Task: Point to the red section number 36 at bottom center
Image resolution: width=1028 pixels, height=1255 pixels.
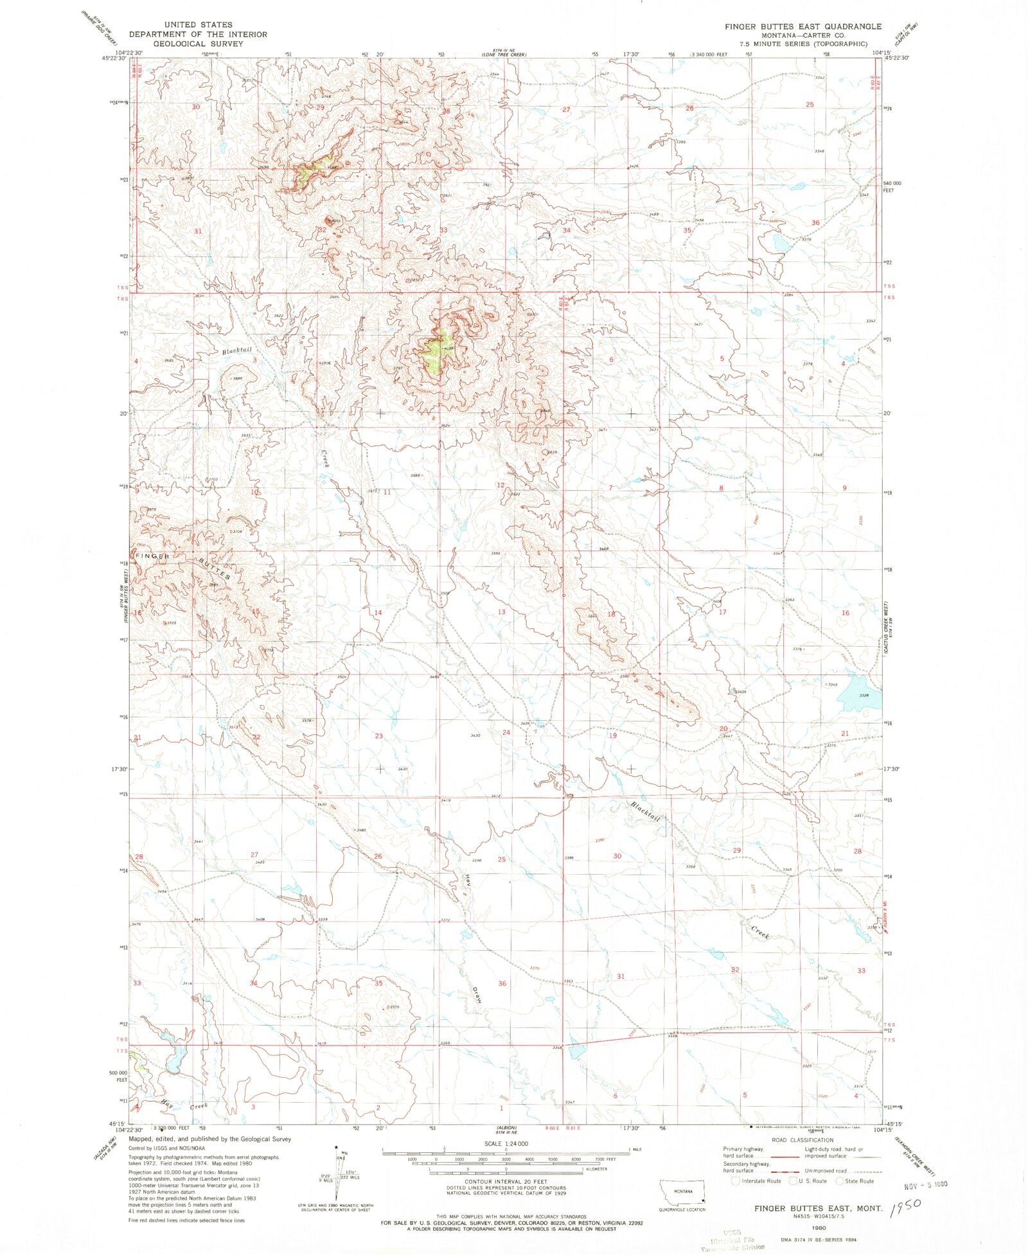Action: point(502,983)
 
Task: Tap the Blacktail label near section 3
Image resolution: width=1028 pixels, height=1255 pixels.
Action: point(237,351)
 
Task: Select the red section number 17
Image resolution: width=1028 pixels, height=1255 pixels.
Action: point(722,612)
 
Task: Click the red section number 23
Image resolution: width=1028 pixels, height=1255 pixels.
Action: point(378,736)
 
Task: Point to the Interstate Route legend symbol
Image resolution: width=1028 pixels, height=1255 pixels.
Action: point(736,1180)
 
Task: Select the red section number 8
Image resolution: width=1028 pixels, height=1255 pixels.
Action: point(721,488)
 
